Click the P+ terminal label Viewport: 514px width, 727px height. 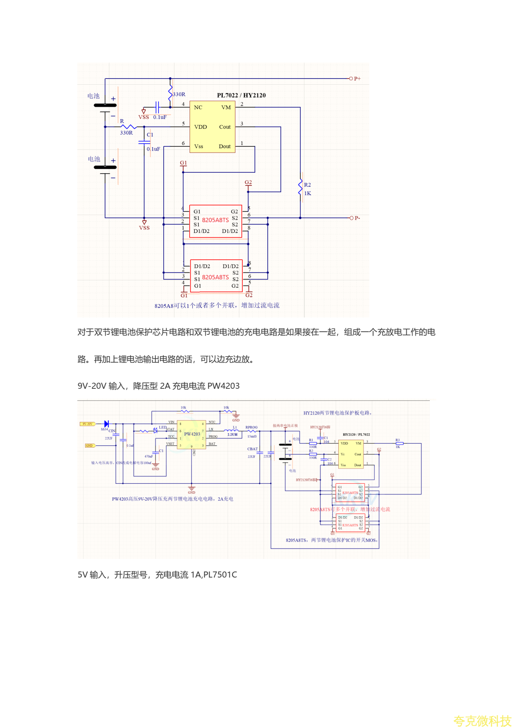tap(357, 79)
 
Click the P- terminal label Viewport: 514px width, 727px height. tap(357, 218)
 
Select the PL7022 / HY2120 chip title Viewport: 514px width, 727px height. tap(241, 95)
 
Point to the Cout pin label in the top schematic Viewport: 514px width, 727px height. tap(225, 127)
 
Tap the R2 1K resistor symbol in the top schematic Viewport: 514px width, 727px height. tap(301, 187)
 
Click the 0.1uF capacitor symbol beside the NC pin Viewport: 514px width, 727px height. tap(158, 107)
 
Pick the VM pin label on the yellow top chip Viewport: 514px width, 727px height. tap(226, 108)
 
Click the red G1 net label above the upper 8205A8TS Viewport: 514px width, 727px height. tap(184, 163)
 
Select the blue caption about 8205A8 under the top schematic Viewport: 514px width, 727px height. tap(217, 305)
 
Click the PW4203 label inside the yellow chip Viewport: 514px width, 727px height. tap(192, 434)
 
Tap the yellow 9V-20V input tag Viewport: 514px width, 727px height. tap(87, 424)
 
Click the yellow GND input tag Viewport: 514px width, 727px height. tap(89, 445)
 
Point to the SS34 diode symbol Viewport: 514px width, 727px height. tap(106, 424)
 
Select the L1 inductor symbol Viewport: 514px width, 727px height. tap(232, 431)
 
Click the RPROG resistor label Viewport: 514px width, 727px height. tap(251, 427)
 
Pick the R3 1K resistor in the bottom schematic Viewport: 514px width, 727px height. tap(400, 443)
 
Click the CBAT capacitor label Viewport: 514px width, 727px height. tap(252, 449)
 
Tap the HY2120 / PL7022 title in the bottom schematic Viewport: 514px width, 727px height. tap(356, 435)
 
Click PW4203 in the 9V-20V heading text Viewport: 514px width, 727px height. tap(223, 386)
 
